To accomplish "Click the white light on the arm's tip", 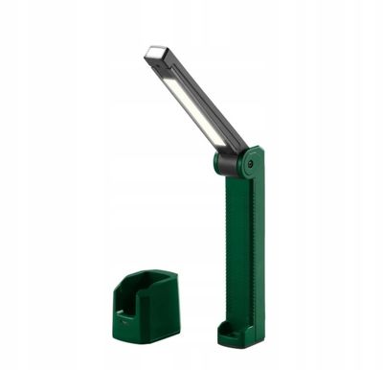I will coord(156,53).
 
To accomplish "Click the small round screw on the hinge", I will coord(250,164).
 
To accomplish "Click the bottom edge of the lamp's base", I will coord(240,343).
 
